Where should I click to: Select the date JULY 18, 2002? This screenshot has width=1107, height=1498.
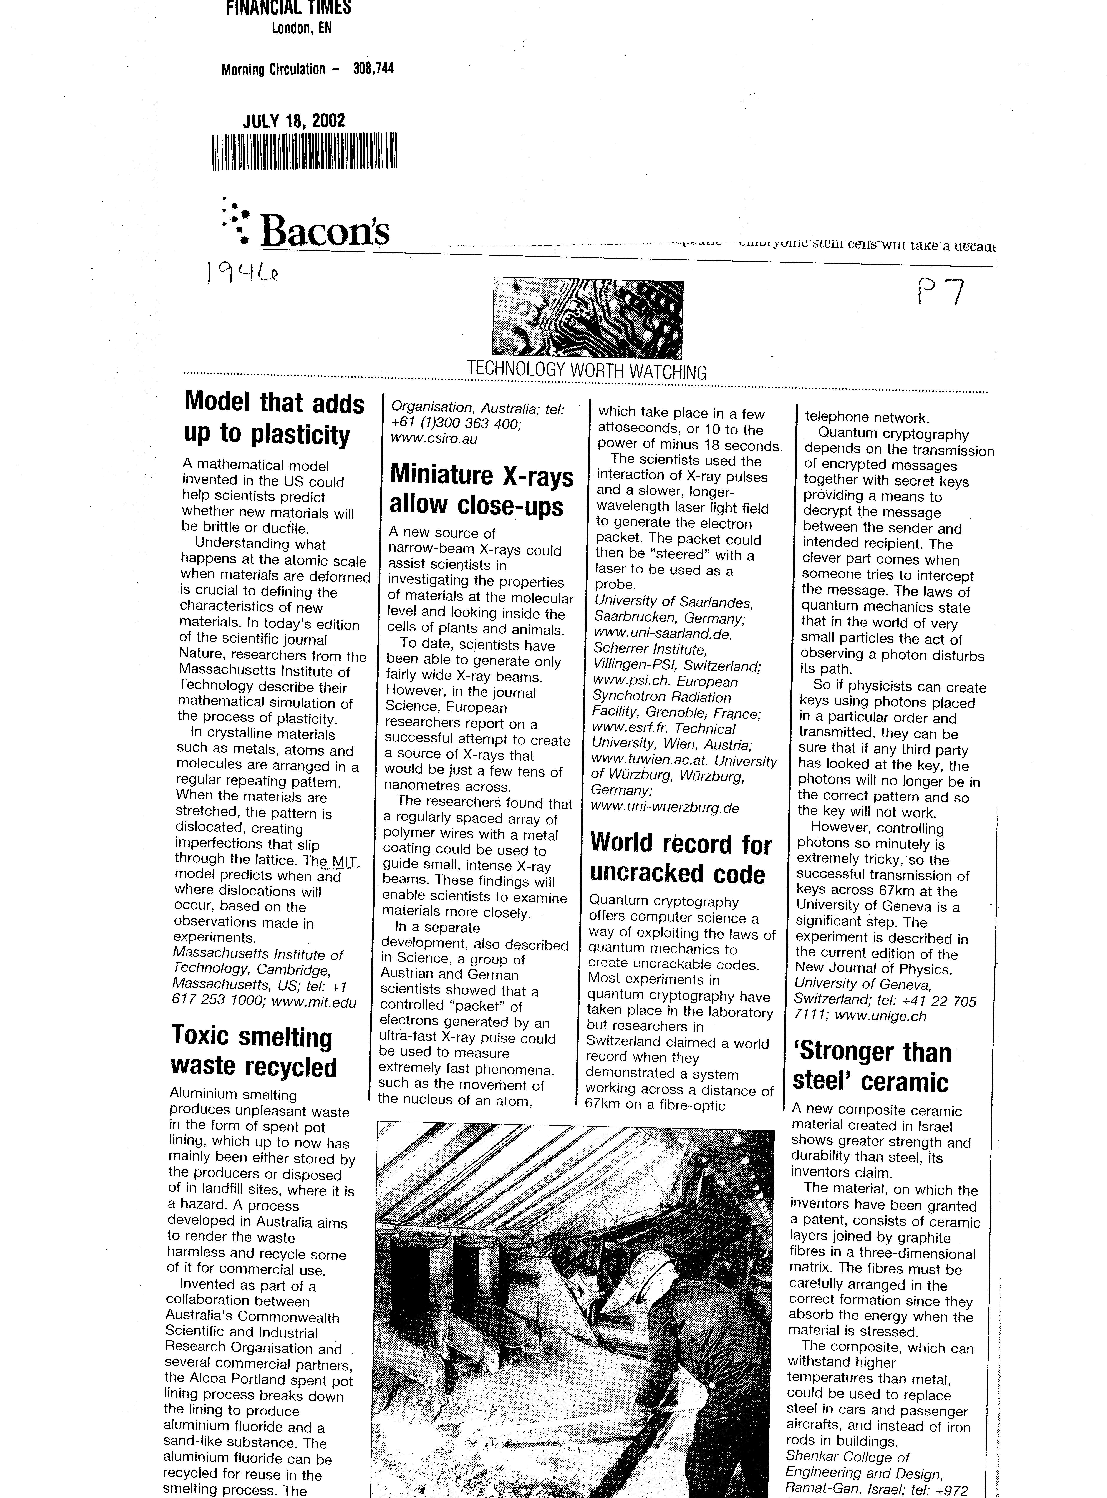(294, 121)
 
